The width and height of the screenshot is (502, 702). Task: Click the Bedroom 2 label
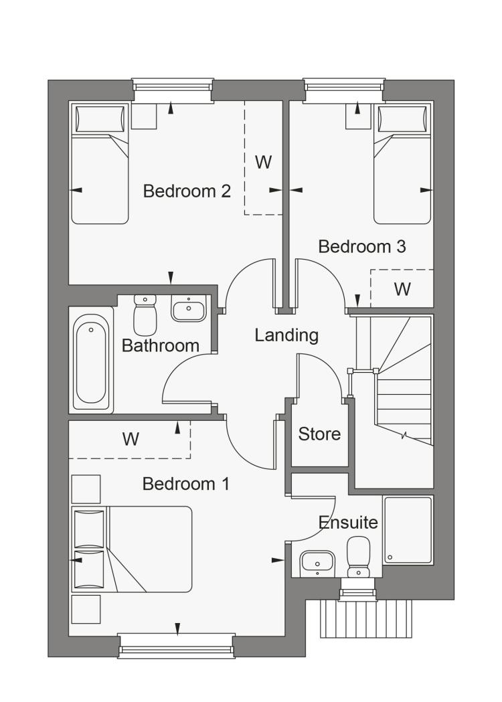point(187,191)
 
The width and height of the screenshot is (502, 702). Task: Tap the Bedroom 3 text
point(362,247)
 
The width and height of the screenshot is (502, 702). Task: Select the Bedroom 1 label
point(186,484)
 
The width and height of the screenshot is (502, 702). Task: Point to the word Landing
point(286,335)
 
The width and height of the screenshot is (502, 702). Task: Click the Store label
point(319,434)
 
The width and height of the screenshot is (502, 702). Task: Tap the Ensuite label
point(348,523)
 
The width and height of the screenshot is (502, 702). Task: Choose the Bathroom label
point(161,345)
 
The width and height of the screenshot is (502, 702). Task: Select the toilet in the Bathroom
point(145,315)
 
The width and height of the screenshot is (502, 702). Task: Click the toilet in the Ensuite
point(358,557)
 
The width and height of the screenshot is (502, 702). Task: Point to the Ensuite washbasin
point(317,563)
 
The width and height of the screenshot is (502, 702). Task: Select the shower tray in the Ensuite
point(408,529)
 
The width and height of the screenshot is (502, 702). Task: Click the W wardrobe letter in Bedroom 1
point(131,439)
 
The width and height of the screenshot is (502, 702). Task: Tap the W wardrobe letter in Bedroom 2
point(263,162)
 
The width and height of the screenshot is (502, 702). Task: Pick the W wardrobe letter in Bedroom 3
point(402,289)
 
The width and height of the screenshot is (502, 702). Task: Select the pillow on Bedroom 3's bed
point(402,118)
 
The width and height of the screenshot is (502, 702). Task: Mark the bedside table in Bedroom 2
point(144,116)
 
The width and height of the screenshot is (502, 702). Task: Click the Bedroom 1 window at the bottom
point(177,646)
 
